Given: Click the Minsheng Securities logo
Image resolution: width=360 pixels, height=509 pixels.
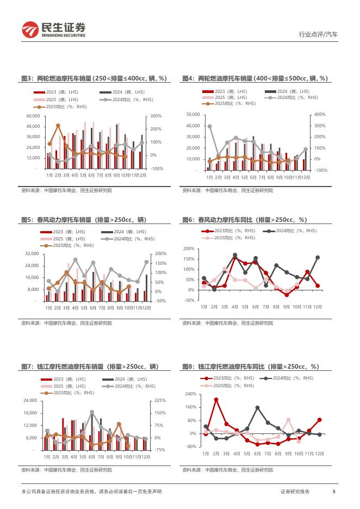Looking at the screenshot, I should click(x=53, y=29).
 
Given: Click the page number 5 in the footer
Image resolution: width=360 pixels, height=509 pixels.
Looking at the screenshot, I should click(x=333, y=492).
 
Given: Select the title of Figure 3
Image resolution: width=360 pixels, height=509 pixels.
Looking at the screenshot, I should click(x=94, y=79).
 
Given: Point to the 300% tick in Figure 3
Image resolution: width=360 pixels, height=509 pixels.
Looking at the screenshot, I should click(x=156, y=116).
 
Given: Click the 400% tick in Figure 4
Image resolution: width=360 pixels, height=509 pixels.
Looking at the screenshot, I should click(x=320, y=115).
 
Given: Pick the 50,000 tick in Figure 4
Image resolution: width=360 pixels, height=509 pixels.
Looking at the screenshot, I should click(x=193, y=115).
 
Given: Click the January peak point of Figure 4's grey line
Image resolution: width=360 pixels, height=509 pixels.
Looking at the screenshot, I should click(x=210, y=126).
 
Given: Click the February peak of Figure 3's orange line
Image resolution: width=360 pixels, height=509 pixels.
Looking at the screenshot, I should click(x=58, y=126).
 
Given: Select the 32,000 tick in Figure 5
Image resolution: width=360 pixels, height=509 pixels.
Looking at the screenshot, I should click(x=32, y=254).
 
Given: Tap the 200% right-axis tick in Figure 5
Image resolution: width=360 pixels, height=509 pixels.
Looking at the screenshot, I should click(x=160, y=254).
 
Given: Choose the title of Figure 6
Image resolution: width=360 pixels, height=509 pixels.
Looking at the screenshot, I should click(x=245, y=220).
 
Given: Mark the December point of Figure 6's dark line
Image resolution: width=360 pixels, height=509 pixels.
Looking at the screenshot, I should click(x=317, y=257).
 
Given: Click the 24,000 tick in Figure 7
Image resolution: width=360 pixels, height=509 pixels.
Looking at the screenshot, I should click(x=29, y=400).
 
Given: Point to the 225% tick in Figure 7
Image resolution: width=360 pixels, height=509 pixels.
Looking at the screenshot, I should click(x=160, y=400).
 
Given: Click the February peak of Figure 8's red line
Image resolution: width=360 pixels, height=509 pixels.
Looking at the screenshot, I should click(x=216, y=400).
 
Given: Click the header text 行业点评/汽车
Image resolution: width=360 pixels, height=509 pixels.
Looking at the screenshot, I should click(x=318, y=34).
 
